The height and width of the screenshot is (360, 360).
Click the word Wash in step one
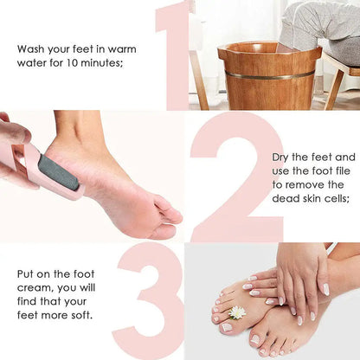point(32,48)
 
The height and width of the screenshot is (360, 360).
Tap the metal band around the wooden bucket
point(269,76)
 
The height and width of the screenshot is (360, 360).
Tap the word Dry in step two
point(282,157)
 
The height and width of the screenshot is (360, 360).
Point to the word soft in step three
point(77,314)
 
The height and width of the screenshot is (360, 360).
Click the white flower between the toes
point(237,312)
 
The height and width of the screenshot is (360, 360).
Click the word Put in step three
point(27,273)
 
